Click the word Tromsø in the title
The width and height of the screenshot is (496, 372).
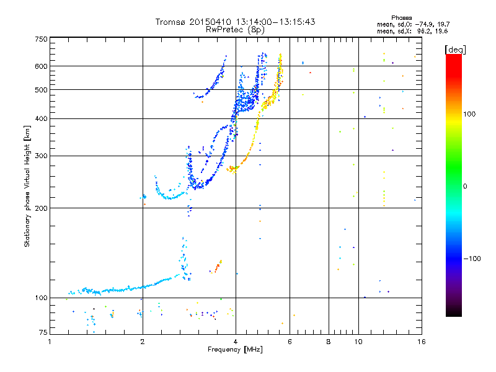tap(172, 22)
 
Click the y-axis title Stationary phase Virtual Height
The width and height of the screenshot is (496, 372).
tap(27, 186)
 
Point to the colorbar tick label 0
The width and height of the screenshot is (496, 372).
tap(466, 186)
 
